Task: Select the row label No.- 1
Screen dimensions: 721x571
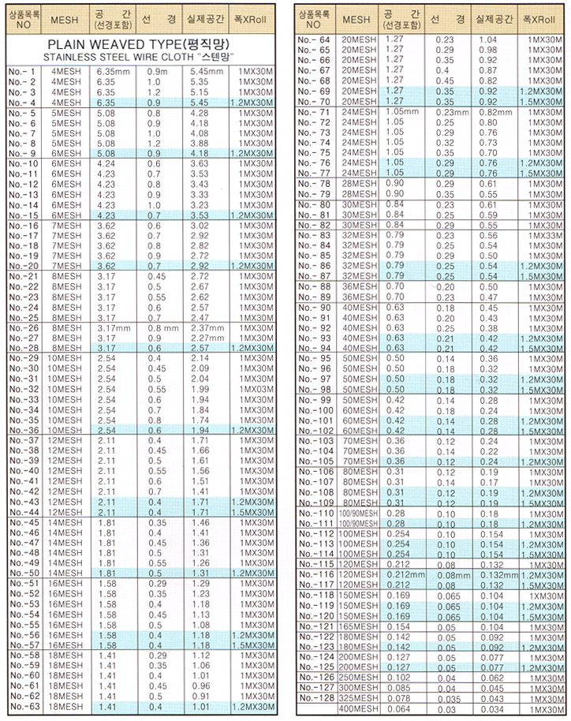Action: coord(22,71)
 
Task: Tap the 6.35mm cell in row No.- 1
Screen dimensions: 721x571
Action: coord(110,71)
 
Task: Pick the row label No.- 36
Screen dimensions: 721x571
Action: coord(22,431)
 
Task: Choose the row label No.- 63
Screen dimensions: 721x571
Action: coord(22,707)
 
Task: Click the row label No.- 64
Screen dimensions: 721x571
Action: coord(314,39)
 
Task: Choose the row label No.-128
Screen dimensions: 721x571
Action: coord(314,698)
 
